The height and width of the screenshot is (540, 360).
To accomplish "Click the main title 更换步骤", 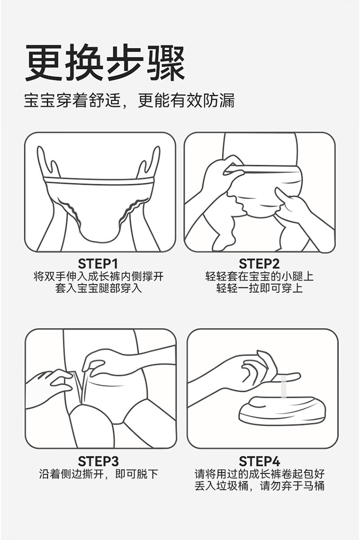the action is [105, 62].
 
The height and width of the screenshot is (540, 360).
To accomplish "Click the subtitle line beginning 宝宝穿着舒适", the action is [130, 101].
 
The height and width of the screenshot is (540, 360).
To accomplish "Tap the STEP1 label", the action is [98, 264].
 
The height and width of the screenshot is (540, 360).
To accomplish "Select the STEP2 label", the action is [259, 264].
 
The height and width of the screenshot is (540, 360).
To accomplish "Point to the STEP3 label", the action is [98, 461].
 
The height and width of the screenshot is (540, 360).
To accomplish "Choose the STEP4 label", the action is [260, 461].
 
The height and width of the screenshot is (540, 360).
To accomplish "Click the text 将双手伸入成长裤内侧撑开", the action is [98, 277].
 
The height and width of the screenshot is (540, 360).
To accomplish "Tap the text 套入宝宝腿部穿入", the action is [98, 288].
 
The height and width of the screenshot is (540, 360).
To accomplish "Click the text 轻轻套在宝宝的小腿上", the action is [260, 277].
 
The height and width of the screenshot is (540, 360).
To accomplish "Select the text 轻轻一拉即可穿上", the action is [260, 288].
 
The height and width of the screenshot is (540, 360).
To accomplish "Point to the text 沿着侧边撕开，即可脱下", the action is [98, 474].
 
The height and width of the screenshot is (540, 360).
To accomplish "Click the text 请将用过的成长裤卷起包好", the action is [260, 474].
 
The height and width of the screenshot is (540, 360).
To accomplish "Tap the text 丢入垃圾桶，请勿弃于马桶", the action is [260, 486].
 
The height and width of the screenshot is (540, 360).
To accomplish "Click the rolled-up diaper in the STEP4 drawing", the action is [282, 410].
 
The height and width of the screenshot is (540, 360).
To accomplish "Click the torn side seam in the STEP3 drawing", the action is [82, 386].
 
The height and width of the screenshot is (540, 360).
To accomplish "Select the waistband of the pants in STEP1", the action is [99, 181].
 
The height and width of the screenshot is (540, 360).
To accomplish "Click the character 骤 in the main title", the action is [166, 62].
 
